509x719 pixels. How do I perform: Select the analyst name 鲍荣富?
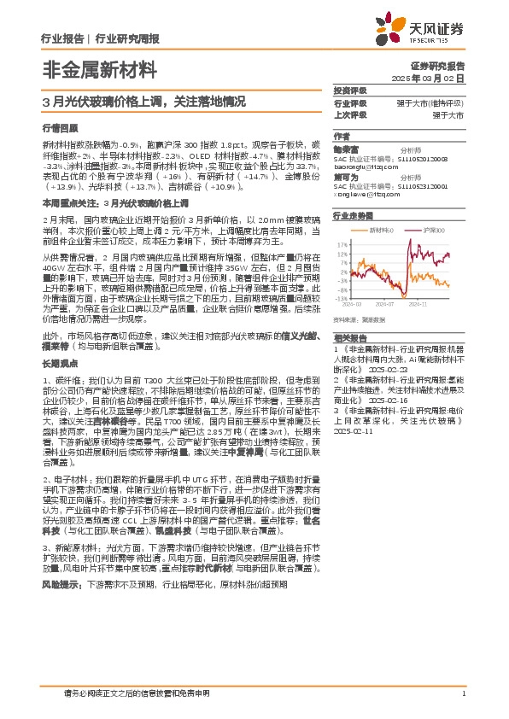[346, 149]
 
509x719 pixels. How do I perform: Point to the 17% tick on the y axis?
[341, 243]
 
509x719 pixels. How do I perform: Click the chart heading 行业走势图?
[354, 217]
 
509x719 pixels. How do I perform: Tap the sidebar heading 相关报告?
[349, 336]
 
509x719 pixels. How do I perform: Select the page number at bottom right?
[462, 694]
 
